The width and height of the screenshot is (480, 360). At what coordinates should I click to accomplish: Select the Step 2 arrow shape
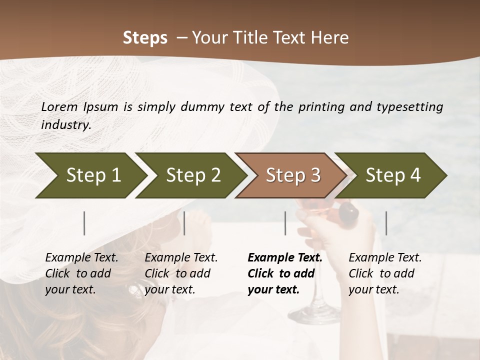click(193, 175)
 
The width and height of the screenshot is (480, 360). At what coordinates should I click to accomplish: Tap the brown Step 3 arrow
click(293, 175)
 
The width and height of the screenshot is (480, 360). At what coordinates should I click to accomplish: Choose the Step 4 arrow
click(393, 175)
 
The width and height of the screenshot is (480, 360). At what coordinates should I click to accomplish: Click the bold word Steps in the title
click(145, 37)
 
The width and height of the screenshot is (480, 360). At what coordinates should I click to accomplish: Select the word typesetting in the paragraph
click(407, 106)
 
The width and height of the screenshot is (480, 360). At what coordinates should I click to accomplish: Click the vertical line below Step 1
click(84, 223)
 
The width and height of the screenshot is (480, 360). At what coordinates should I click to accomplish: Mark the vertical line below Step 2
click(184, 223)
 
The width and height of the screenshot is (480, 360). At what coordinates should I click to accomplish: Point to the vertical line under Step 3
click(285, 223)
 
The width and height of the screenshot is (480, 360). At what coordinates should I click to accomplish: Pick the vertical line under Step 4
click(386, 223)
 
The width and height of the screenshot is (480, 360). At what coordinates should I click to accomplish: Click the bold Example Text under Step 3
click(285, 257)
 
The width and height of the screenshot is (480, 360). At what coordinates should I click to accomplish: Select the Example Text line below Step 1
click(81, 257)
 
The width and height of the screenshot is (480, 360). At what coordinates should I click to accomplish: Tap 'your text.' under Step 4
click(373, 289)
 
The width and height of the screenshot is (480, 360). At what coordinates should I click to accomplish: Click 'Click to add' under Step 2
click(177, 273)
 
